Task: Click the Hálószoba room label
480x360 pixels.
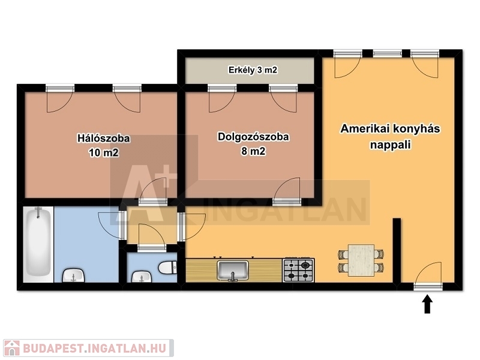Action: point(103,139)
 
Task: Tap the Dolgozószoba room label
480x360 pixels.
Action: point(253,137)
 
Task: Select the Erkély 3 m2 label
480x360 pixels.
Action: point(253,70)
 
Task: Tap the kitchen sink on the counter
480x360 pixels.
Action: point(233,271)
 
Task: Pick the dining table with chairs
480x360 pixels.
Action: point(361,260)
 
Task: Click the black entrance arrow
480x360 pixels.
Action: point(427,304)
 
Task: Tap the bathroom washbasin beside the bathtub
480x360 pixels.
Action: point(73,275)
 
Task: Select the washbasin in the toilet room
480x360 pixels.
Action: point(142,277)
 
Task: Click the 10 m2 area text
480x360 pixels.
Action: point(103,152)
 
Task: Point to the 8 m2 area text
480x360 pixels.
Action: point(253,151)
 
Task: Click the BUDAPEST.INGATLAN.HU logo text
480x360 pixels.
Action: point(95,349)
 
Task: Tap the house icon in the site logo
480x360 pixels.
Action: point(11,348)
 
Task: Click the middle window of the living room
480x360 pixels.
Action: point(387,53)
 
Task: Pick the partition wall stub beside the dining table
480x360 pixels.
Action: point(397,250)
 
